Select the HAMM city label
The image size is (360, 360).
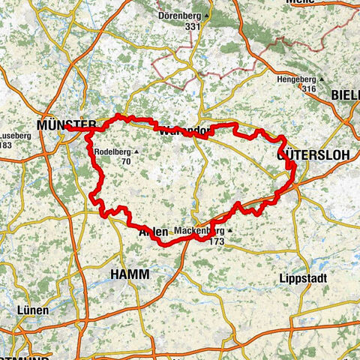(x=130, y=275)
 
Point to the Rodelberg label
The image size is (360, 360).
(x=113, y=152)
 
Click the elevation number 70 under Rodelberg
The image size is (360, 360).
(x=125, y=161)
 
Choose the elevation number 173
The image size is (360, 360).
(x=216, y=241)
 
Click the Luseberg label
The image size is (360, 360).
(x=16, y=135)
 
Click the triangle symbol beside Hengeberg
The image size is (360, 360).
(x=321, y=79)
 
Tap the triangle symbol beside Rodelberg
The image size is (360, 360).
(x=136, y=152)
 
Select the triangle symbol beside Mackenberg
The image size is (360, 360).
(x=229, y=230)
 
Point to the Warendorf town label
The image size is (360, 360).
(x=183, y=130)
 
